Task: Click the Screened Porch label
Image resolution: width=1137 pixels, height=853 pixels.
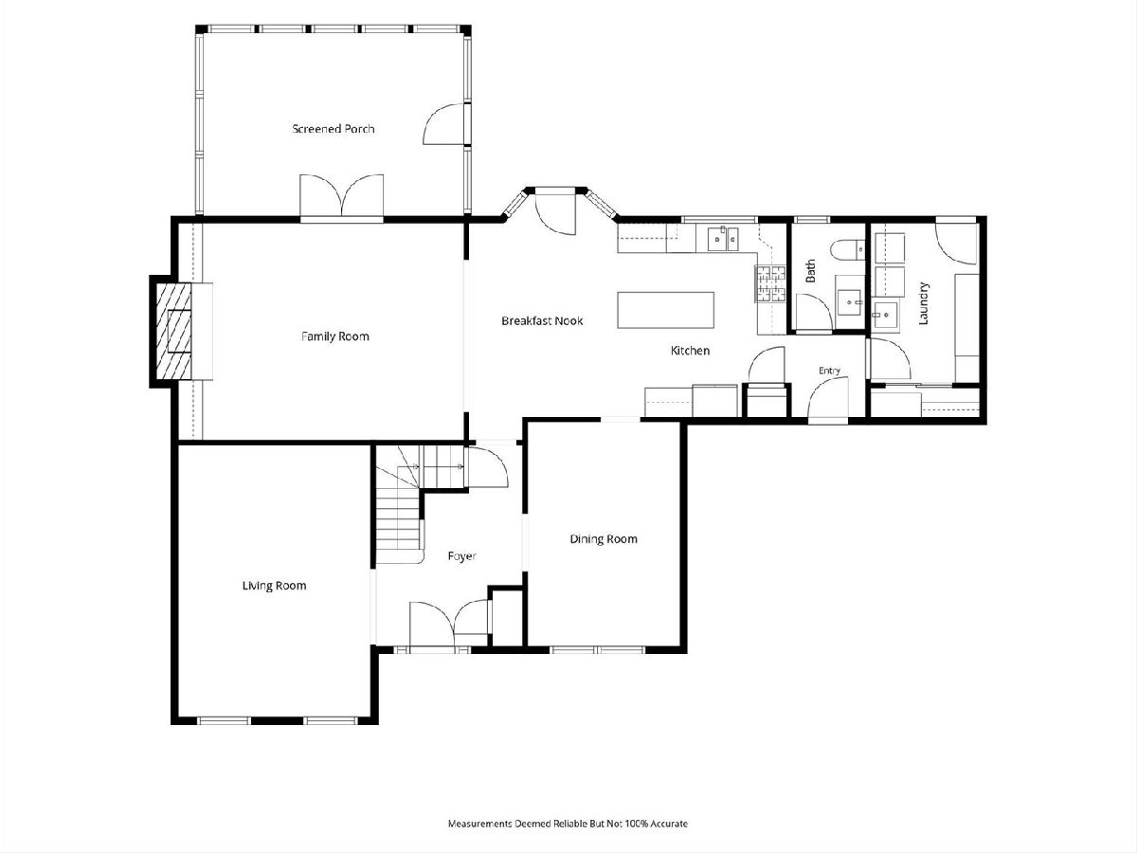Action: pos(334,129)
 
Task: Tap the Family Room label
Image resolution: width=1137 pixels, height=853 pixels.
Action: pos(335,336)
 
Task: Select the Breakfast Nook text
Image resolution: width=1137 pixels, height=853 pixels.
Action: pos(542,321)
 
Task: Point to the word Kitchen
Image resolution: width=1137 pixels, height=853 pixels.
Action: pos(690,351)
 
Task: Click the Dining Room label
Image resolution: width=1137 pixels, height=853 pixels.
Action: pos(604,539)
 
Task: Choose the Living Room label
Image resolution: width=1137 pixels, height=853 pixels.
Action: pos(274,586)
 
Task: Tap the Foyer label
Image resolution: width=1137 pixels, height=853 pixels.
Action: pos(461,556)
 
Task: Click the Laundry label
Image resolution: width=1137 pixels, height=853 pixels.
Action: pos(923,303)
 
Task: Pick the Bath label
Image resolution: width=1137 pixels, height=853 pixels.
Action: pos(811,271)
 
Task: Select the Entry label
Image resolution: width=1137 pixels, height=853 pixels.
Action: pos(829,371)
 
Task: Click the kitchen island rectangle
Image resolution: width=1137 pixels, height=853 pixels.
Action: pos(666,310)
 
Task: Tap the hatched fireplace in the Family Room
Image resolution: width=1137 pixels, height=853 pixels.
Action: pos(174,332)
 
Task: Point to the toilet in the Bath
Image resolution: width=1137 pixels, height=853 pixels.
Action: pos(847,250)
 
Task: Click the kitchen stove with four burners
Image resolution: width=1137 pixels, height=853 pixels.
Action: pos(770,283)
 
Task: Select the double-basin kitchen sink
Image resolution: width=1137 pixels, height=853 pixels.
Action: pos(724,239)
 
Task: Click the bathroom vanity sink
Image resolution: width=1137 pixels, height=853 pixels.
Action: pos(850,302)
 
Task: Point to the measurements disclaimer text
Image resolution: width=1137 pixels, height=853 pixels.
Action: pos(568,824)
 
